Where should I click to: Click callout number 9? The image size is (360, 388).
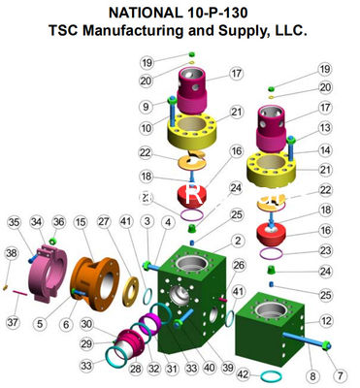[x=146, y=107]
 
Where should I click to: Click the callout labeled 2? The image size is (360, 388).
[x=237, y=239]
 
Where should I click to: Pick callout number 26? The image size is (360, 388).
[x=240, y=264]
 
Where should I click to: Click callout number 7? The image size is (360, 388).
[x=340, y=374]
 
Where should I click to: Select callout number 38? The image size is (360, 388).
[x=11, y=253]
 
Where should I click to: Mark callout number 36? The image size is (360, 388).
[x=59, y=222]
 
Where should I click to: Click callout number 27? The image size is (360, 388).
[x=104, y=222]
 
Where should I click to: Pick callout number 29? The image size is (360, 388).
[x=85, y=343]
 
